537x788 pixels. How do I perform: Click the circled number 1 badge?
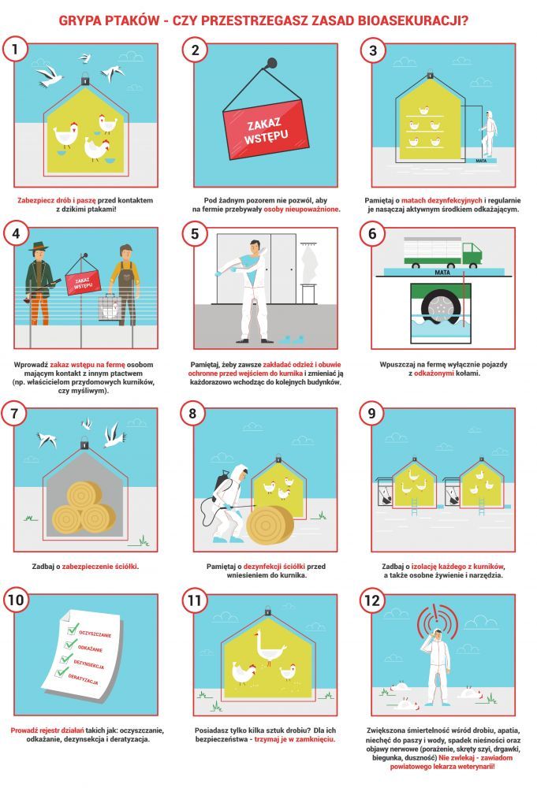15,49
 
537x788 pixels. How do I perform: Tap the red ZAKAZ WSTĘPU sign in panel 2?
266,130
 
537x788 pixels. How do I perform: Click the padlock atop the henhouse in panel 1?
85,79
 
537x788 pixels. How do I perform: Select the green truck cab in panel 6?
472,255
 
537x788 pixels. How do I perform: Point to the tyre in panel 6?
441,306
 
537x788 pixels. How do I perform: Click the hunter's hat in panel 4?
37,247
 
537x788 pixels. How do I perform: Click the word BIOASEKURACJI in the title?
412,20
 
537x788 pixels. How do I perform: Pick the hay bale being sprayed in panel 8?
270,525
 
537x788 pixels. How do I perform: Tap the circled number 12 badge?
371,600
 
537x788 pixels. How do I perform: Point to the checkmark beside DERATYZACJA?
62,671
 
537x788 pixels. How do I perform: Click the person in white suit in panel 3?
488,133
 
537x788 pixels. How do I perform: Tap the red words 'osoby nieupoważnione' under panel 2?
301,209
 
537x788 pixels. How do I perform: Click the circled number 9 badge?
371,413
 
